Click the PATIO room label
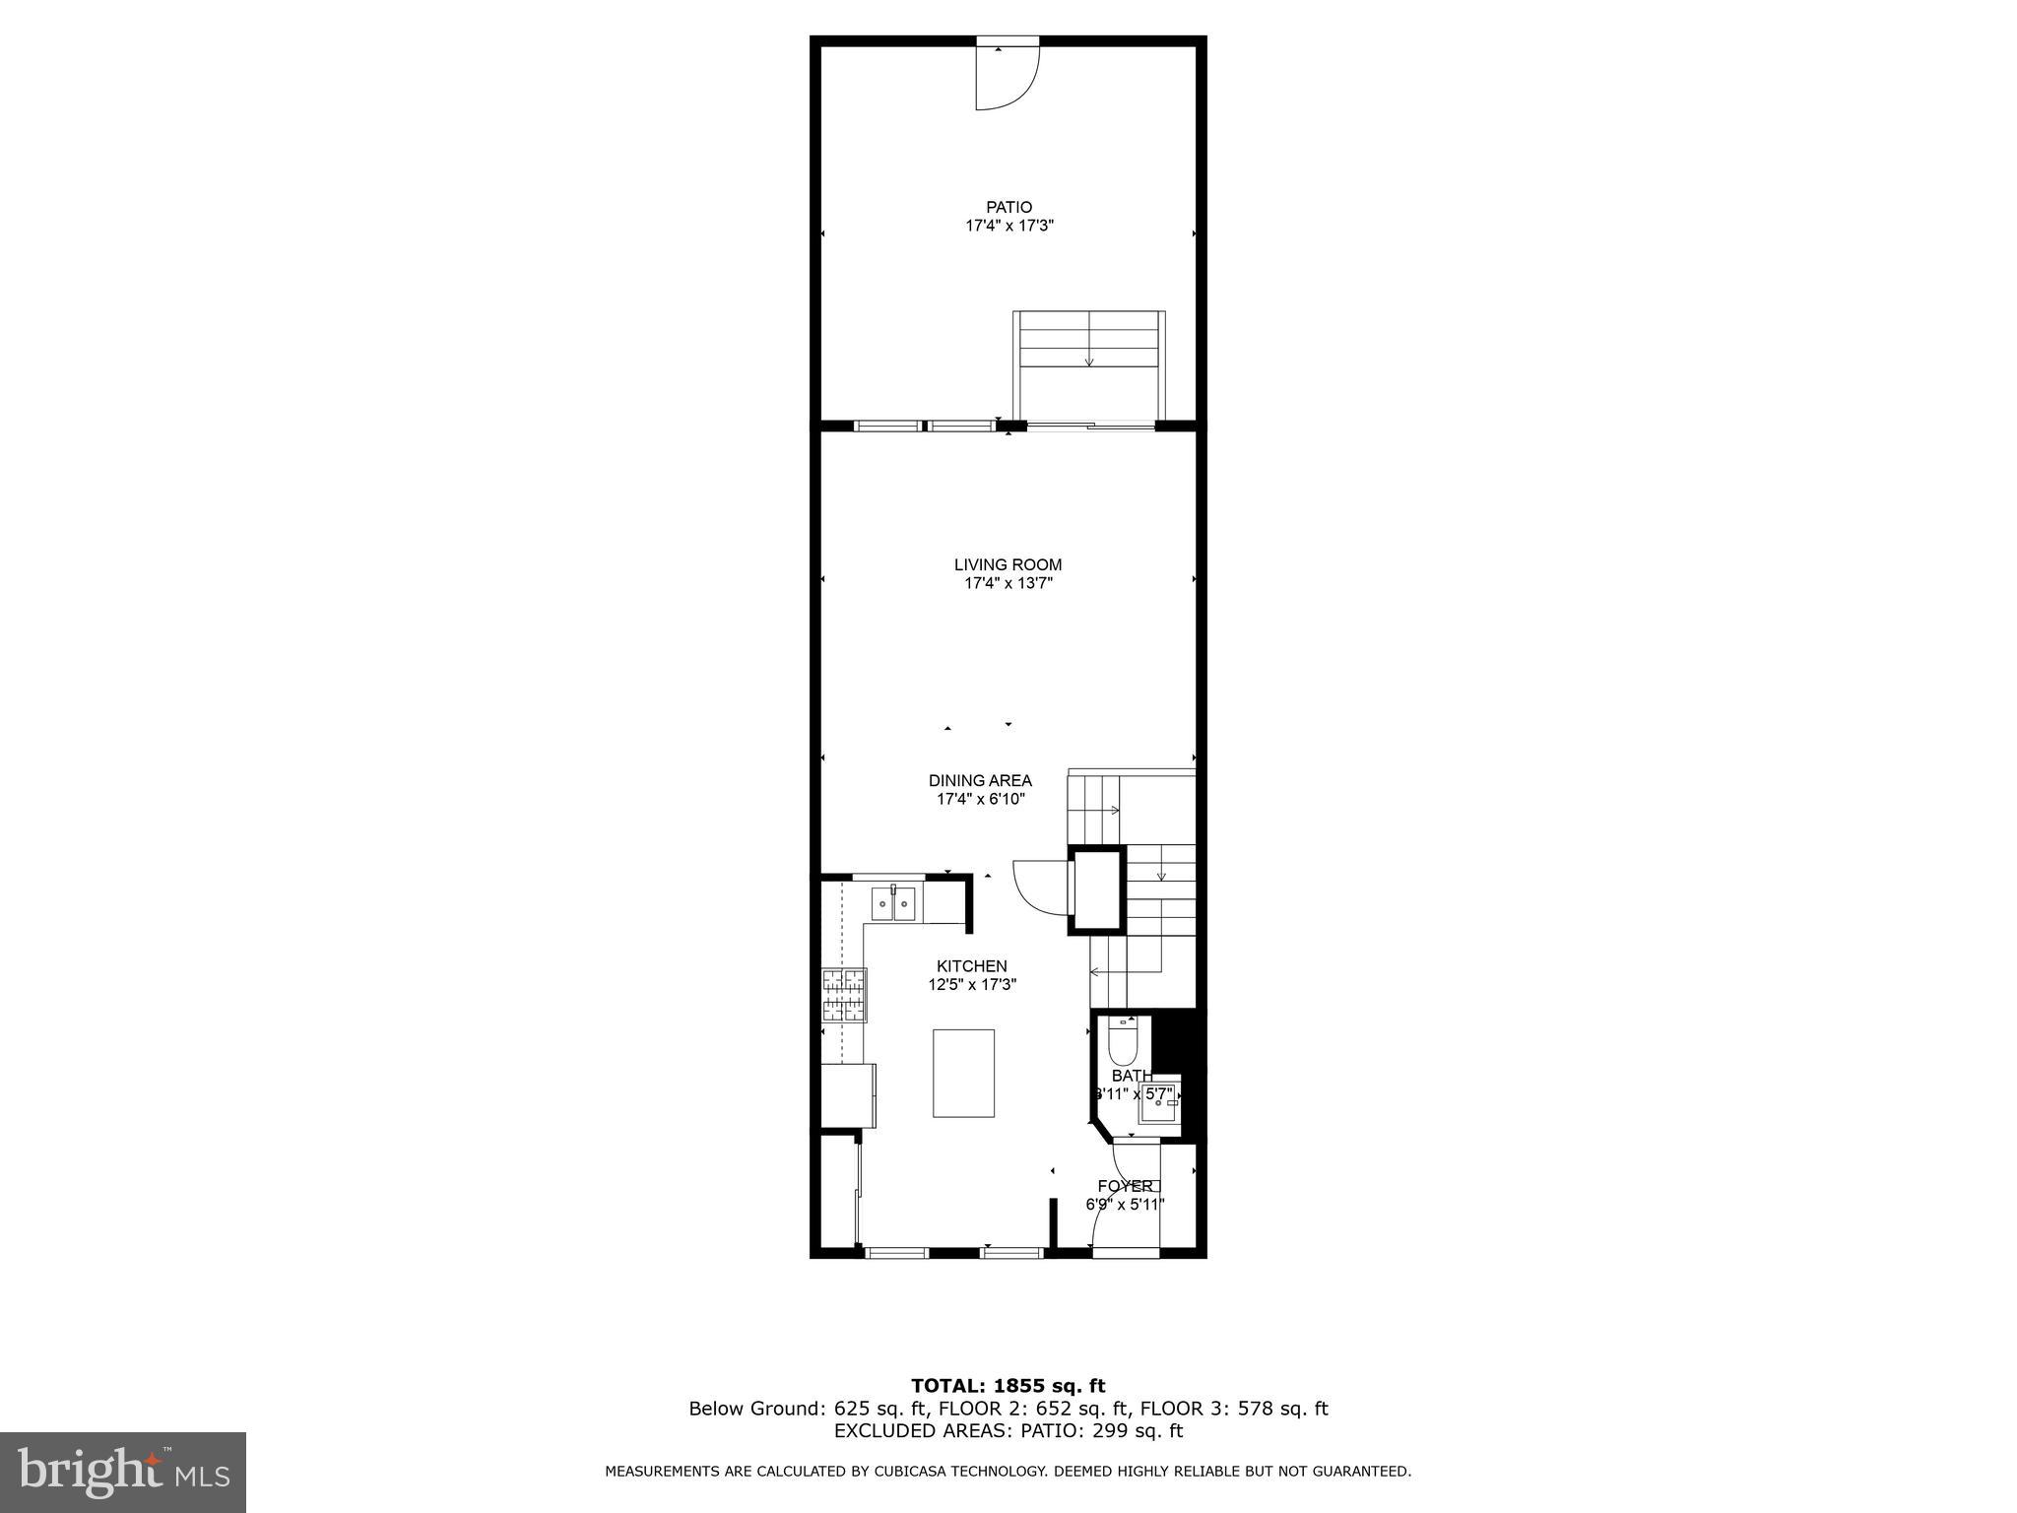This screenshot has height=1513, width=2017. pos(1009,207)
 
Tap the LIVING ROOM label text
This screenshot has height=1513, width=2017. pos(1008,564)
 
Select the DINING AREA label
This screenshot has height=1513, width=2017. pos(980,780)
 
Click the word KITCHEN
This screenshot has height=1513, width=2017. pos(971,966)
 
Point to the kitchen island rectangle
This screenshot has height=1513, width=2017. pos(963,1073)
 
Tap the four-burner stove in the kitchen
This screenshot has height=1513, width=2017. pos(845,995)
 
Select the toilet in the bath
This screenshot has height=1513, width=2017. pos(1123,1037)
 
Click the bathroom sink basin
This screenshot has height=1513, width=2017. pos(1158,1104)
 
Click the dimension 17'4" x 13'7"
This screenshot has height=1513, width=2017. pos(1008,583)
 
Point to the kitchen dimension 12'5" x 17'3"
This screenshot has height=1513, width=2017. pos(971,984)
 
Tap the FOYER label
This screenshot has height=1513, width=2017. pos(1125,1186)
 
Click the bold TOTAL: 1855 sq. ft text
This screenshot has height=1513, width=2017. pos(1008,1386)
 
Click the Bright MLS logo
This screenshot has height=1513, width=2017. pos(123,1473)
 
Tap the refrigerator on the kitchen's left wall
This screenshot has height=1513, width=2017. pos(849,1095)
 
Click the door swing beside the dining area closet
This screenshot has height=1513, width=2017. pos(1039,884)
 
